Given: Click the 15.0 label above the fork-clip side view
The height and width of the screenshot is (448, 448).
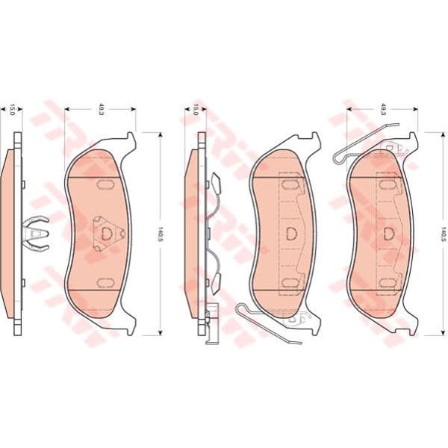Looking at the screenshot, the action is (12, 110).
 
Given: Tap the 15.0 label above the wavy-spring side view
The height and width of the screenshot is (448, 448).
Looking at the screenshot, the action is (196, 110).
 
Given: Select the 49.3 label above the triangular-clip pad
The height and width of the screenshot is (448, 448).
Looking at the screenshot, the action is (101, 109).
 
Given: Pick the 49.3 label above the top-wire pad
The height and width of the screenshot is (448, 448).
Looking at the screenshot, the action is (383, 109).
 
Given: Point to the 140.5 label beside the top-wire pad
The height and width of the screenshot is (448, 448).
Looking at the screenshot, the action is (443, 234).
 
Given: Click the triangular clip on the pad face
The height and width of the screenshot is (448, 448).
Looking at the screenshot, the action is (108, 234).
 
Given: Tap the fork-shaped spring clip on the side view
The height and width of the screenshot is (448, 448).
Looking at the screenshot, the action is (36, 234).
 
